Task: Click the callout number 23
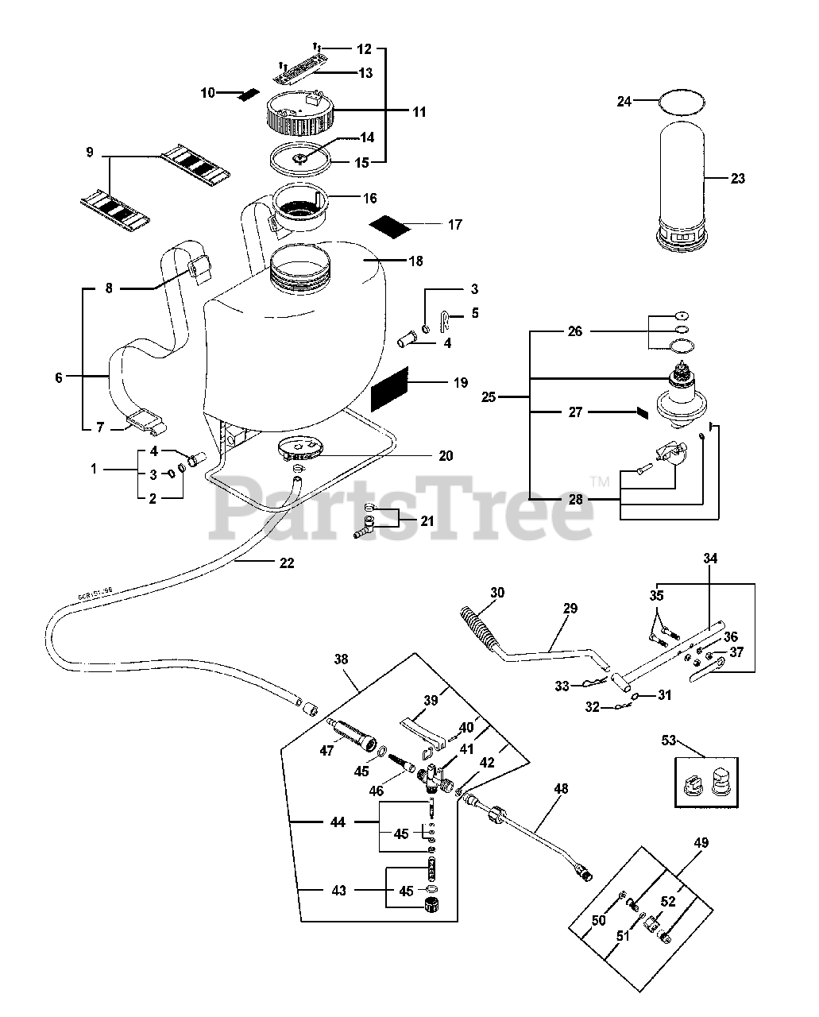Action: coord(738,179)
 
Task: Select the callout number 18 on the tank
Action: coord(415,261)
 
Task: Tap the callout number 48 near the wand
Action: coord(561,789)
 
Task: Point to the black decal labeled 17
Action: coord(391,224)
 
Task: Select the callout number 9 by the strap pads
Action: coord(89,151)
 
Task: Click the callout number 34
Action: coord(710,559)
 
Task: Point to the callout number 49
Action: coord(678,843)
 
